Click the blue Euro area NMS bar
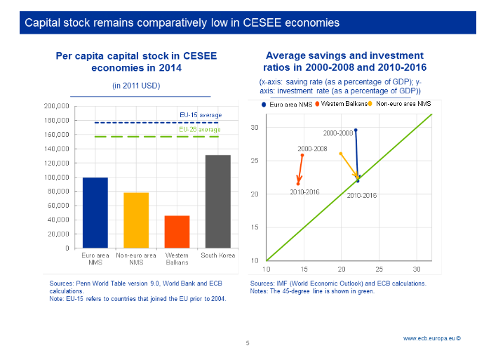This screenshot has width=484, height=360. click(x=95, y=213)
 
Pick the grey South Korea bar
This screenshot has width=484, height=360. click(x=217, y=201)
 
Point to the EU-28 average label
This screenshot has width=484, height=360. click(x=200, y=130)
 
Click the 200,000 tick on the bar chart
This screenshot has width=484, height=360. click(x=56, y=106)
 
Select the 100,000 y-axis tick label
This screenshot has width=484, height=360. click(x=56, y=177)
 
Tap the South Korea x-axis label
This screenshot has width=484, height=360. click(x=217, y=255)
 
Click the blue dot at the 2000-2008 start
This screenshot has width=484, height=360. click(x=356, y=130)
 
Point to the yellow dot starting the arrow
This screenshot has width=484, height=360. click(x=341, y=154)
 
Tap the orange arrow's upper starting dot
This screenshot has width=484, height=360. click(x=302, y=155)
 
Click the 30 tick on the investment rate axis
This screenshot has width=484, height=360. click(x=255, y=128)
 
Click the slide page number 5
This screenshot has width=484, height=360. click(x=247, y=343)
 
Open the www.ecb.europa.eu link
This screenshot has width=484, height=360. click(x=431, y=338)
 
